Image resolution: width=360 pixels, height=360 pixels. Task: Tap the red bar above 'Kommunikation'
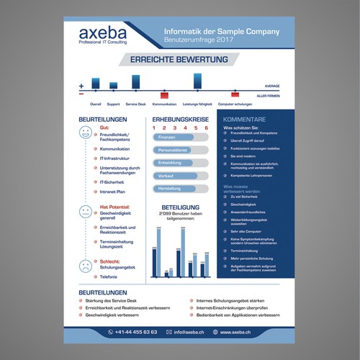click(164, 95)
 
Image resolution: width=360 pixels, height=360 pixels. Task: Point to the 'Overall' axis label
click(96, 104)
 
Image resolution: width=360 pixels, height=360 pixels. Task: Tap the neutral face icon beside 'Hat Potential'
click(86, 212)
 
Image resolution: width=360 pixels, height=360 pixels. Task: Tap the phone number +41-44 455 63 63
click(137, 332)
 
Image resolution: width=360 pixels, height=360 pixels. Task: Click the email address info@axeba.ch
click(187, 332)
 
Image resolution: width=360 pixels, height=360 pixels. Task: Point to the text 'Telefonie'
click(109, 276)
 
